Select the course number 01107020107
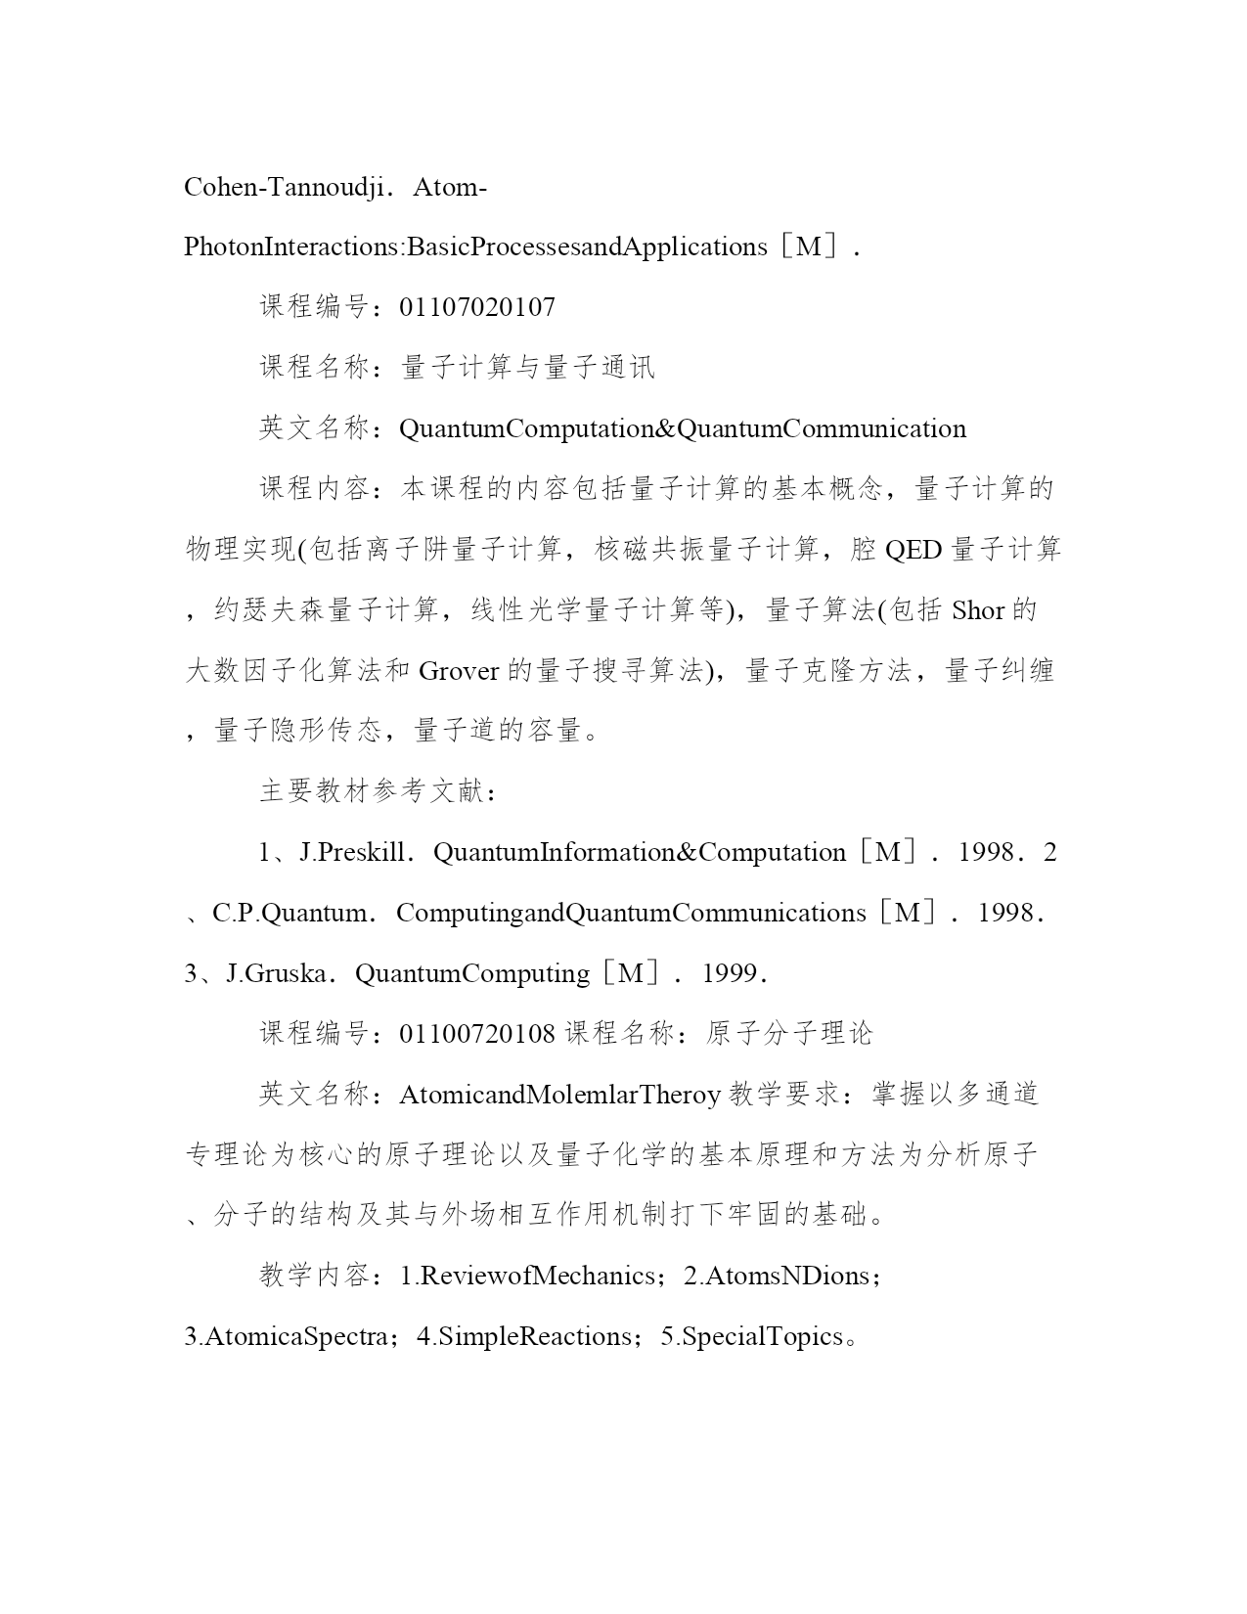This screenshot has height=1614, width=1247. click(477, 307)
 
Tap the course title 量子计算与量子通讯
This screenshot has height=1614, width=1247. click(527, 368)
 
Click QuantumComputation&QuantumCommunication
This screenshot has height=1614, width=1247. click(683, 428)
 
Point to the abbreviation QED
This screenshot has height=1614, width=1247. click(913, 550)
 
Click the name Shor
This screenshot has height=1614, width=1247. click(978, 610)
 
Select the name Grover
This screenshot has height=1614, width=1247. click(459, 671)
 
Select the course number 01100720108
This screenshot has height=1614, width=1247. click(477, 1034)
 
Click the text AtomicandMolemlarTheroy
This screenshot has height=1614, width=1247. click(559, 1095)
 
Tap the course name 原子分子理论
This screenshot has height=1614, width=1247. click(788, 1034)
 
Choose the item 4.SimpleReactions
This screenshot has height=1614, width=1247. click(524, 1336)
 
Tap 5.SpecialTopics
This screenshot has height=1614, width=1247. click(751, 1336)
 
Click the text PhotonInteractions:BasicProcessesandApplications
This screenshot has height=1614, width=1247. click(475, 247)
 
